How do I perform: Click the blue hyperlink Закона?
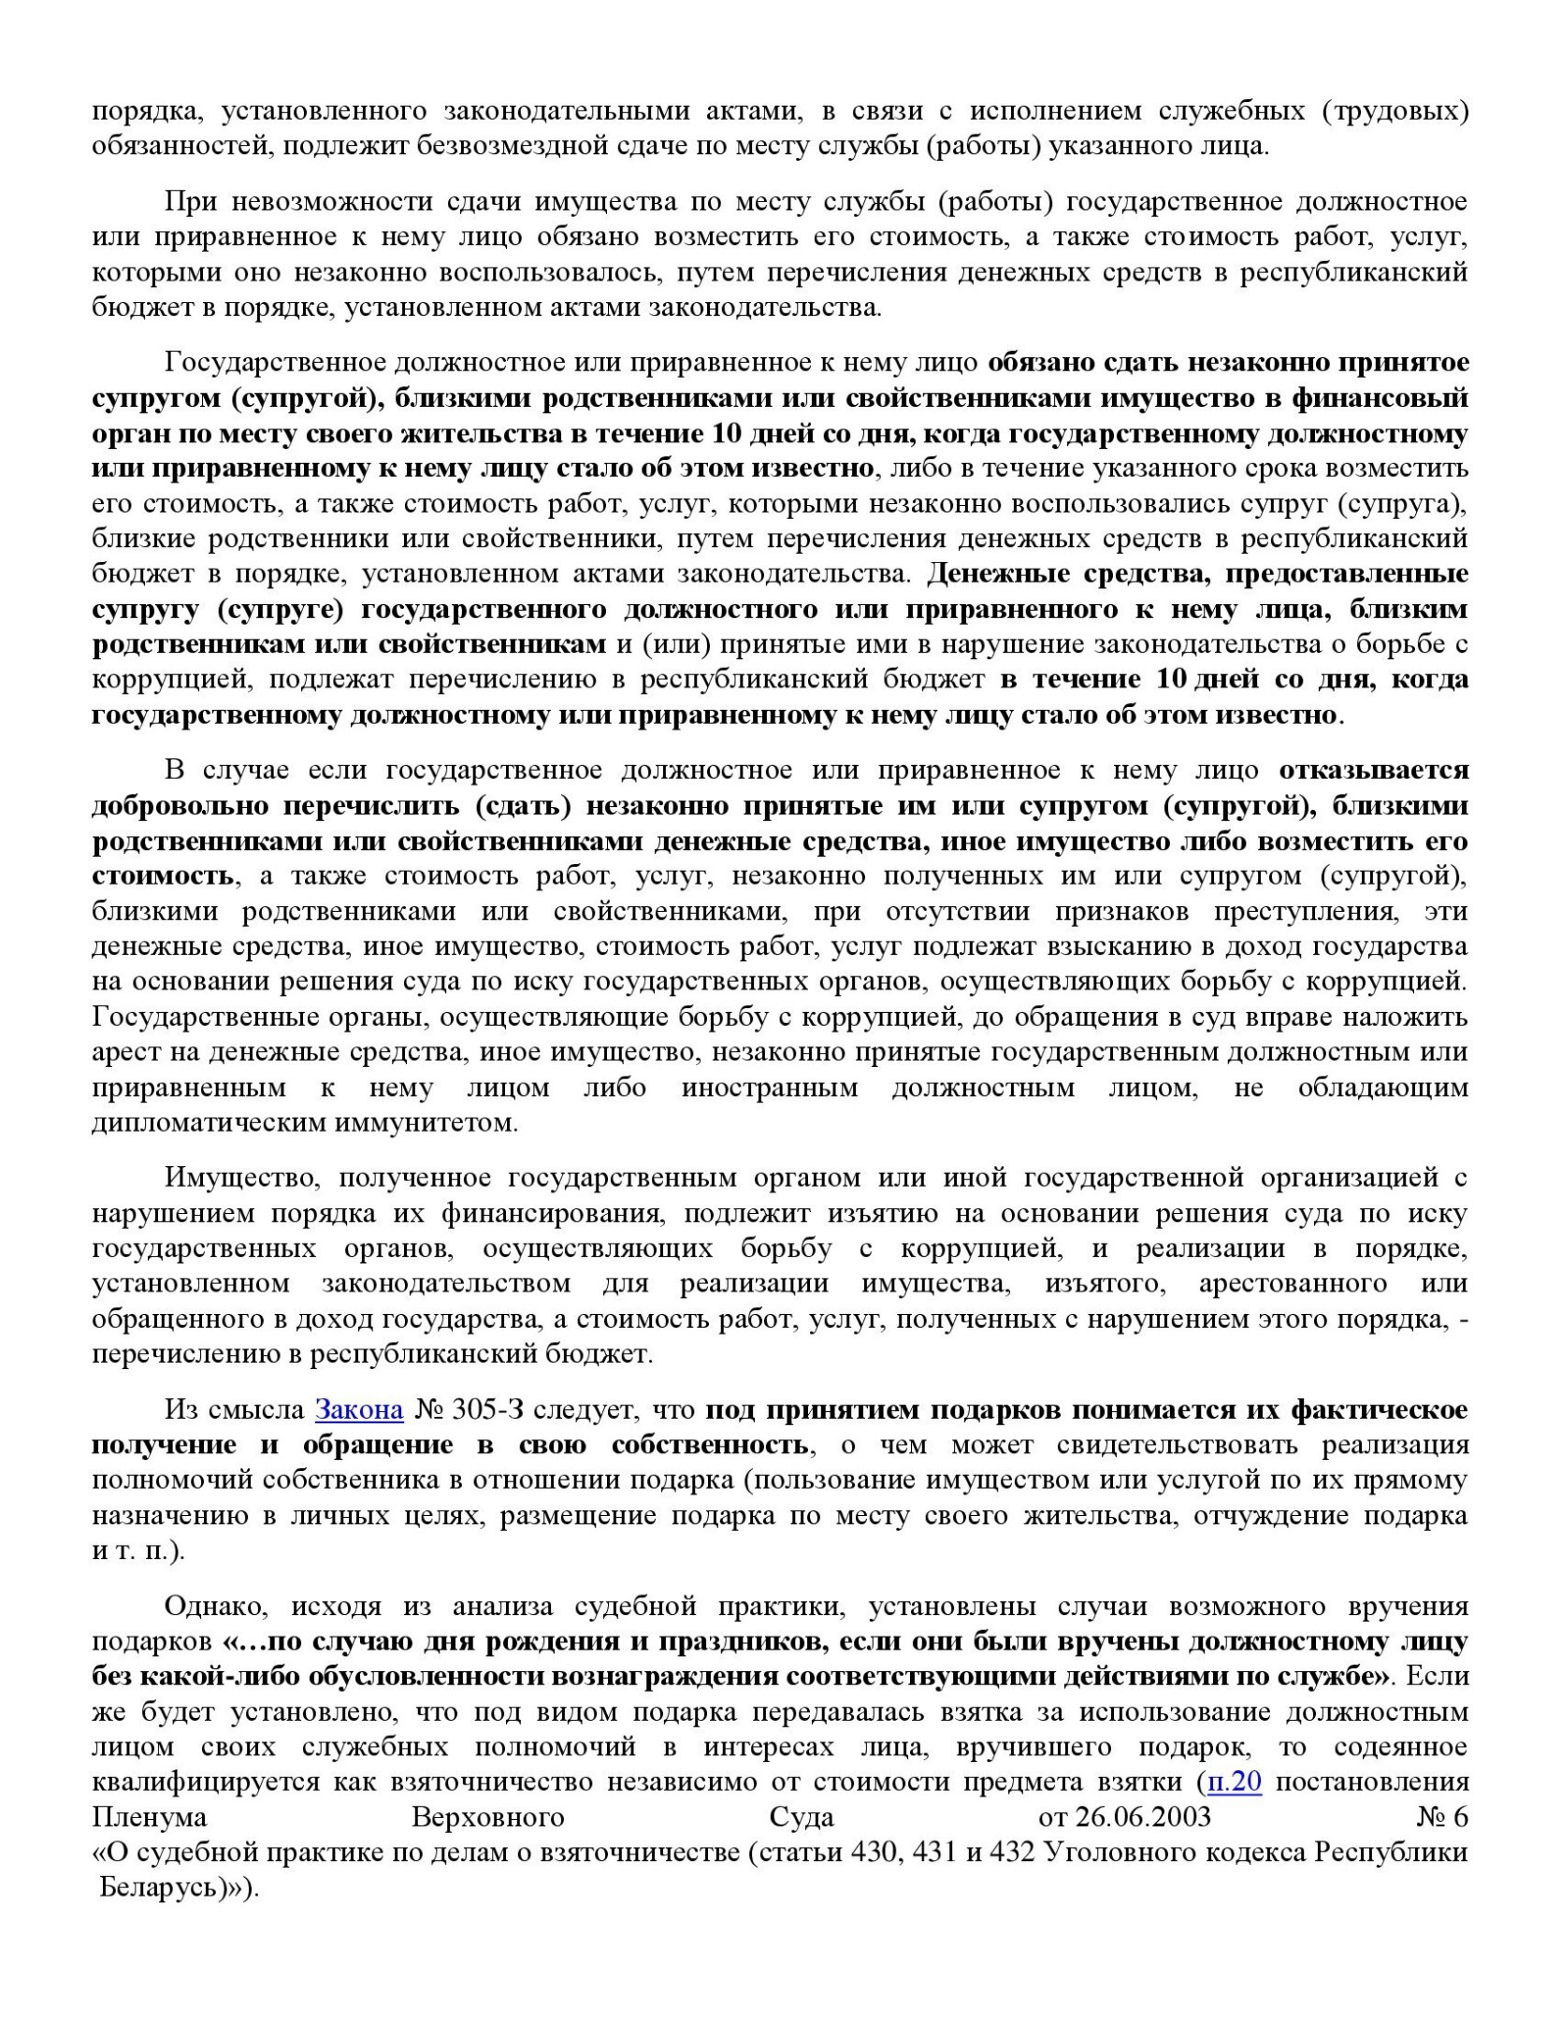pos(359,1409)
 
